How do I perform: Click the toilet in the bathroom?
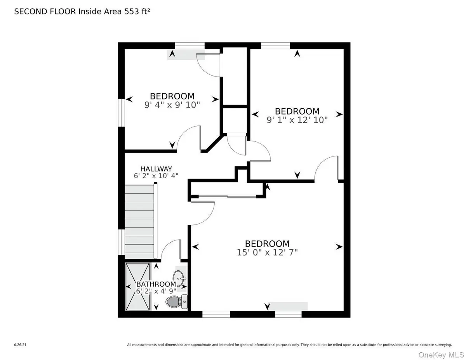(x=177, y=301)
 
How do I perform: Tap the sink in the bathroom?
(x=179, y=278)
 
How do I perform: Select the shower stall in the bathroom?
(x=137, y=287)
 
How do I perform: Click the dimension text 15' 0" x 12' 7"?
(x=267, y=252)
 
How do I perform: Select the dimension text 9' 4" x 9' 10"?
(x=172, y=105)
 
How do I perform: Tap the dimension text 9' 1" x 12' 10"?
(x=297, y=120)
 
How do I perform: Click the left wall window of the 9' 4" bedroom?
(x=122, y=113)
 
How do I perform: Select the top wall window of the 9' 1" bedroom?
(x=275, y=45)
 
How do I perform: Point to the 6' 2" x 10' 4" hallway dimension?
(x=156, y=176)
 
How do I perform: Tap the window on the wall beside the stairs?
(x=122, y=242)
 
